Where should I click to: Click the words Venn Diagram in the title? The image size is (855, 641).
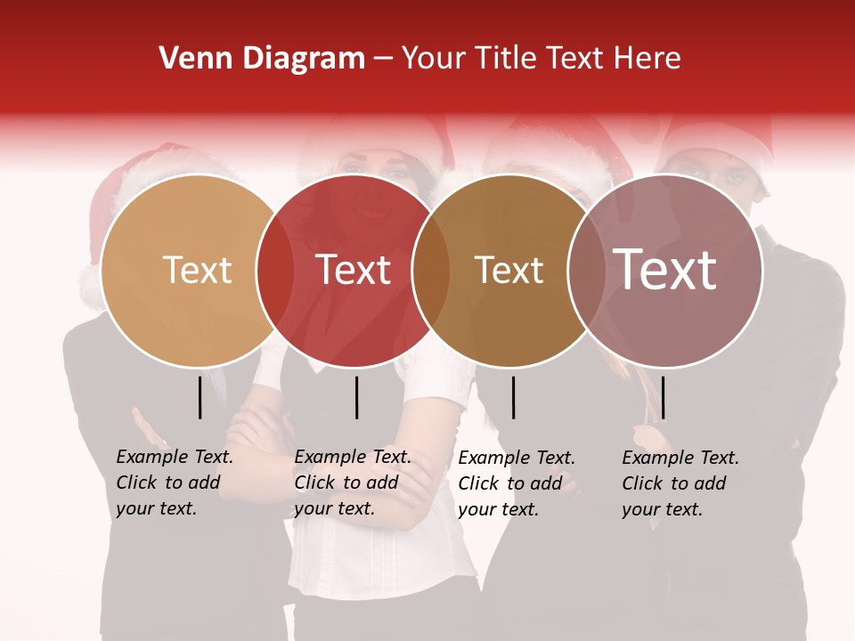262,59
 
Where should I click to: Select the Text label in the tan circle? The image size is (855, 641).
197,270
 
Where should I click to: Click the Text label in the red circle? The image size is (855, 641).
354,270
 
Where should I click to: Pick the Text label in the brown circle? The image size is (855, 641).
509,270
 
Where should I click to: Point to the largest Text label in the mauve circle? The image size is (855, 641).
665,270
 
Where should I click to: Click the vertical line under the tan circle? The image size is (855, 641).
200,397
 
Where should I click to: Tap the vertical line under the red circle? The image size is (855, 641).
356,397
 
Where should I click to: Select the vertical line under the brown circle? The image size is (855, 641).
514,397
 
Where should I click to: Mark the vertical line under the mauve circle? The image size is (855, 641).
663,397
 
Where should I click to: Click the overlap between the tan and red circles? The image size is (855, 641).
275,271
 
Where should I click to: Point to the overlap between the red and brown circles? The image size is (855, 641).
431,271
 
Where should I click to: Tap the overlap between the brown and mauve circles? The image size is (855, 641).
587,271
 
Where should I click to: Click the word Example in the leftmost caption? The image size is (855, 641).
152,457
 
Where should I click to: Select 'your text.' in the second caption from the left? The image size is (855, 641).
334,508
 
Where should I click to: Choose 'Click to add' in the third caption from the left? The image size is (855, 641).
510,483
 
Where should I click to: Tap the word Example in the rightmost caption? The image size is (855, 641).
658,458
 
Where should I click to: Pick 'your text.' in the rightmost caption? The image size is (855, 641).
662,509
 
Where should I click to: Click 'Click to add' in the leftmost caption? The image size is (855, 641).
168,483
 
